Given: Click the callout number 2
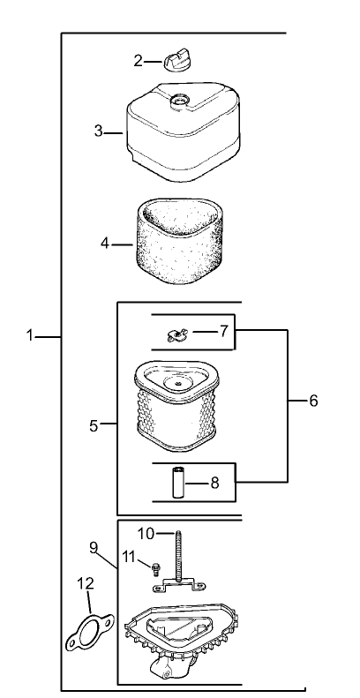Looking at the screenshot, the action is coord(139,61).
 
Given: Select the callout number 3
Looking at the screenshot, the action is coord(98,131).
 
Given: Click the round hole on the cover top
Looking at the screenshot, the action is coord(180,99).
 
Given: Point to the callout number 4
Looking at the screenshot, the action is coord(105,244).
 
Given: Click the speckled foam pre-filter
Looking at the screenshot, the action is coord(178,242).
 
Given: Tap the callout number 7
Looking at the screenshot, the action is coord(223,331).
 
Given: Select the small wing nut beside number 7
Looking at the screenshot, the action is coord(177,334).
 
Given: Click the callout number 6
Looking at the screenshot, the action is coord(313,401).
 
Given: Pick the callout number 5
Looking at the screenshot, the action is coord(94,425).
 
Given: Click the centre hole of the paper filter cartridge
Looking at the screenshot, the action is coord(177,382).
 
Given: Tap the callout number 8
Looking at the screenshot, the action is coord(214,483).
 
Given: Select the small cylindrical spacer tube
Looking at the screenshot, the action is coord(179,483).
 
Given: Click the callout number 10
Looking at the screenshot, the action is coord(145,533).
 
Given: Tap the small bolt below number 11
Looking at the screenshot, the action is coord(155,568).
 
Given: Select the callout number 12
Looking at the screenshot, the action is coord(86,583).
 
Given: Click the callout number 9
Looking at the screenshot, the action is coord(93,547).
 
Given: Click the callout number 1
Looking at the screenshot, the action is coord(29,335).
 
